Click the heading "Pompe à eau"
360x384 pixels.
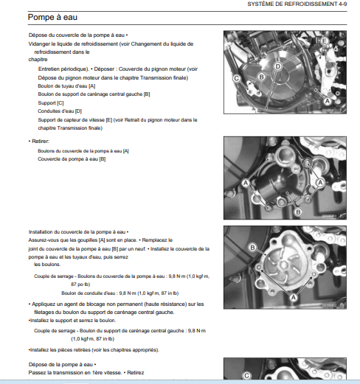coord(52,17)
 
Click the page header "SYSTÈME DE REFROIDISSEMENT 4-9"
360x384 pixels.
coord(297,4)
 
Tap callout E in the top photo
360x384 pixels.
coord(325,41)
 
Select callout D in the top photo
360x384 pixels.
coord(277,66)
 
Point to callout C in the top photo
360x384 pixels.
coord(237,78)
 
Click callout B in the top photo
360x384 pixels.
coord(261,77)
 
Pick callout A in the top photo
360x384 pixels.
coord(328,101)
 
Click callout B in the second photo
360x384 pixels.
coord(298,212)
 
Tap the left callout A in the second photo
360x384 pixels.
coord(246,183)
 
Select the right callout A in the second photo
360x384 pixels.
coord(320,182)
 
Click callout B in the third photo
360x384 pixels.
coord(252,248)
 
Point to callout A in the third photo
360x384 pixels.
coord(294,298)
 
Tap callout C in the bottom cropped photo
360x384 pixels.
coord(246,376)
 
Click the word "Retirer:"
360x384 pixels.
coord(41,142)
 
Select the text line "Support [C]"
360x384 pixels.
coord(51,103)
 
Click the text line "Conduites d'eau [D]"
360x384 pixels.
coord(60,111)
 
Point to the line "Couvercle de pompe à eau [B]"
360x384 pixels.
coord(72,159)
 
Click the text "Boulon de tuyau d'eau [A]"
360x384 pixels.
coord(66,86)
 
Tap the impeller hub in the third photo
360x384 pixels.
coord(283,265)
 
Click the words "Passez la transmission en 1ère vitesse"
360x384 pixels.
coord(75,373)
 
